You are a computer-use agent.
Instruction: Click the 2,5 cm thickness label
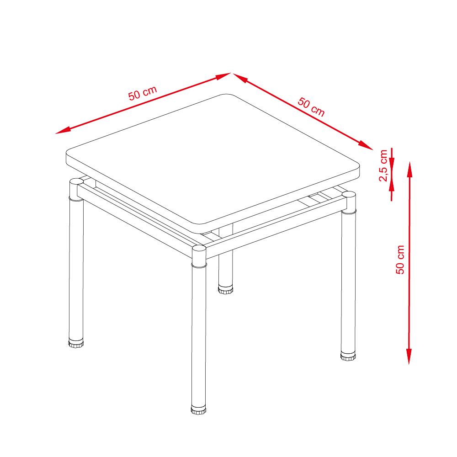pyautogui.click(x=383, y=165)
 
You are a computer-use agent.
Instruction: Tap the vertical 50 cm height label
pyautogui.click(x=400, y=260)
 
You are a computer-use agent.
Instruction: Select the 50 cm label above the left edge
pyautogui.click(x=143, y=93)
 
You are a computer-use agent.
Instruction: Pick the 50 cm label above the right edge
pyautogui.click(x=311, y=107)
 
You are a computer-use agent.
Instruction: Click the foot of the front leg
pyautogui.click(x=198, y=409)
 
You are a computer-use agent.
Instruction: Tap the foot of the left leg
pyautogui.click(x=76, y=343)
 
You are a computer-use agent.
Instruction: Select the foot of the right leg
pyautogui.click(x=348, y=356)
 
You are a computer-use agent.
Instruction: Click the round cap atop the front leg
pyautogui.click(x=199, y=249)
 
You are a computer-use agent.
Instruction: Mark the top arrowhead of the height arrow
pyautogui.click(x=409, y=170)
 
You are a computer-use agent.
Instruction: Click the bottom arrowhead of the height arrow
pyautogui.click(x=409, y=356)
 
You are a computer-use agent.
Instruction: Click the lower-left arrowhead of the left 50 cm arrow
pyautogui.click(x=63, y=131)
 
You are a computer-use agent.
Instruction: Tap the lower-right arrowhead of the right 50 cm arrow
pyautogui.click(x=366, y=145)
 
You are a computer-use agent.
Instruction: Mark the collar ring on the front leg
pyautogui.click(x=199, y=265)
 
